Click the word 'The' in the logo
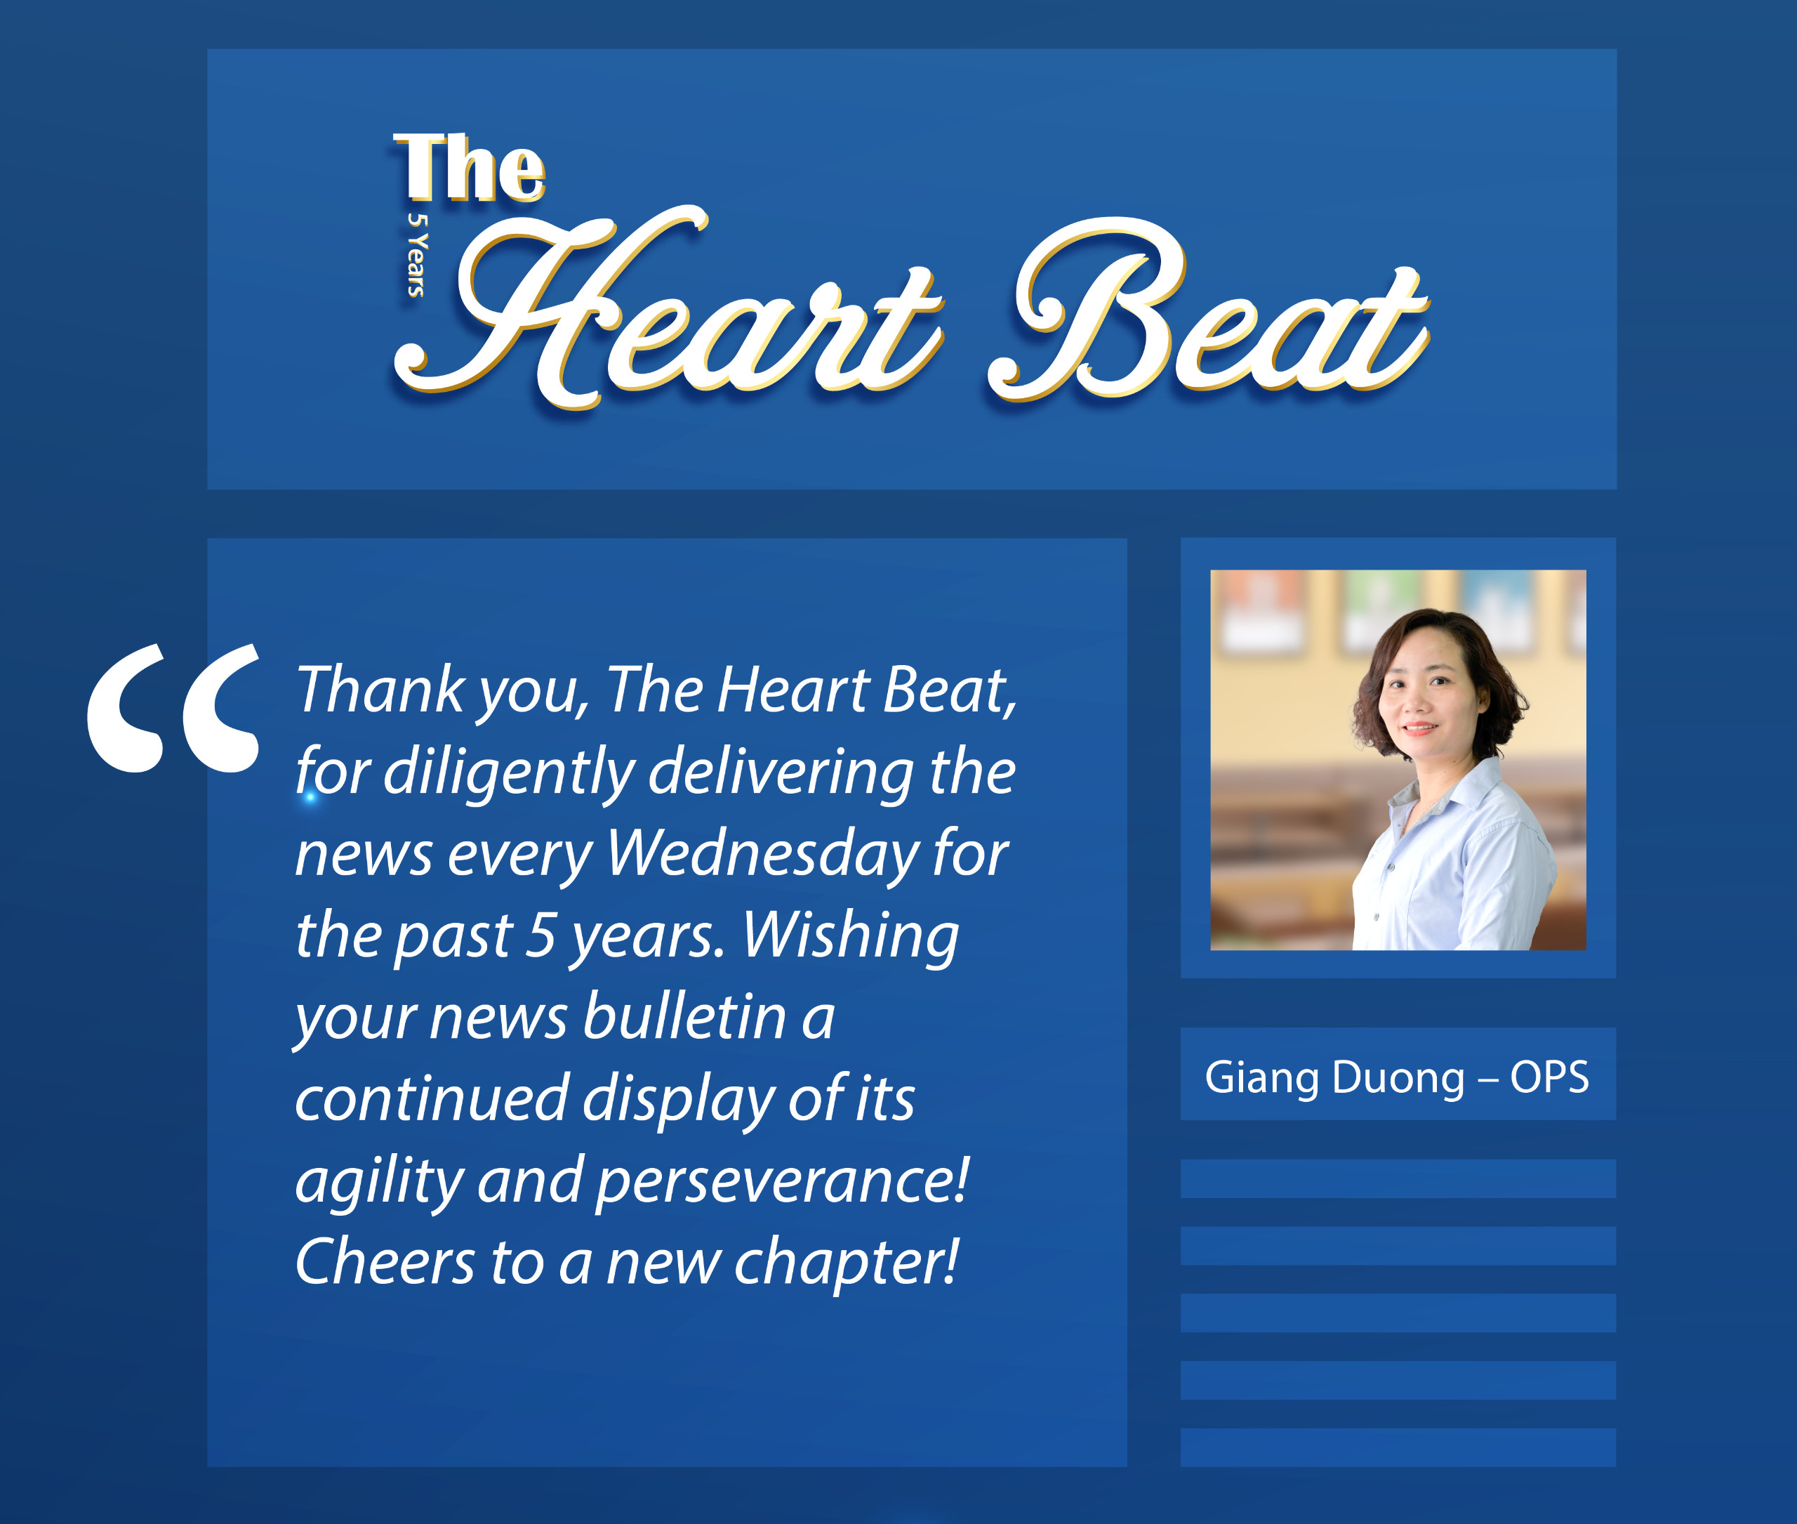(x=470, y=169)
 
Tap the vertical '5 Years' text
(x=417, y=254)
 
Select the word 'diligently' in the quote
(x=509, y=773)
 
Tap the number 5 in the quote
(x=541, y=935)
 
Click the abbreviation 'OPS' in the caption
(x=1549, y=1077)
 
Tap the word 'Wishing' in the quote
(x=851, y=936)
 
